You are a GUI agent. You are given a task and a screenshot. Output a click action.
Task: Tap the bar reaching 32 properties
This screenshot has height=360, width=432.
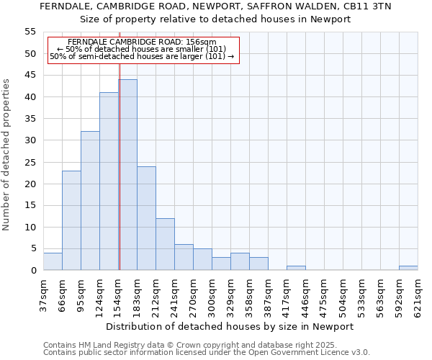click(90, 201)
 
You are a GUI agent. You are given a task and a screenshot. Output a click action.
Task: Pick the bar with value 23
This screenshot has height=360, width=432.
click(71, 220)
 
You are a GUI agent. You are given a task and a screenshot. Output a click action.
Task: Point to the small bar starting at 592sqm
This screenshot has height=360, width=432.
click(408, 268)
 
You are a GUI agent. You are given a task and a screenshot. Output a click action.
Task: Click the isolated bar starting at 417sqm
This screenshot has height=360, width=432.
click(296, 268)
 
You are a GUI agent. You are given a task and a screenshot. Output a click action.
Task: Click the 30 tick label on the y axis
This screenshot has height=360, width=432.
click(30, 140)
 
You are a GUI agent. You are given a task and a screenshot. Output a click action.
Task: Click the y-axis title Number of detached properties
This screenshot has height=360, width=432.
click(7, 155)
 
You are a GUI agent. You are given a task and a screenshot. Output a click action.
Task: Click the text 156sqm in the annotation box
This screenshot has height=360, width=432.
click(201, 42)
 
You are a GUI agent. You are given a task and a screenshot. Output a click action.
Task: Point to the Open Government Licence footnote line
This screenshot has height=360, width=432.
click(207, 352)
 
